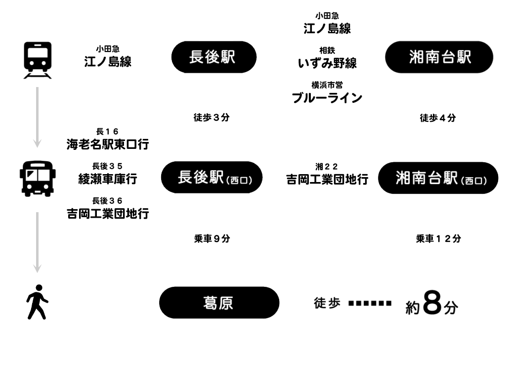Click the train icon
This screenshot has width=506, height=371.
pyautogui.click(x=38, y=59)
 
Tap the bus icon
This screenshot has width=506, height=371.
pyautogui.click(x=38, y=178)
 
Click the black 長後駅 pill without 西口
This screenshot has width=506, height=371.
pyautogui.click(x=213, y=57)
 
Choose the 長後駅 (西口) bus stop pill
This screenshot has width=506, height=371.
pyautogui.click(x=211, y=177)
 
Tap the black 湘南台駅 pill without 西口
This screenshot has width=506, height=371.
pyautogui.click(x=439, y=57)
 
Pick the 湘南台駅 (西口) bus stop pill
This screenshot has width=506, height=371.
pyautogui.click(x=438, y=178)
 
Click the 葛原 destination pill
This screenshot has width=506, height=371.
pyautogui.click(x=219, y=302)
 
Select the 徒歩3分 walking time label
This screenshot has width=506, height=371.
pyautogui.click(x=211, y=118)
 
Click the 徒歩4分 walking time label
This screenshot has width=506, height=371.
pyautogui.click(x=438, y=118)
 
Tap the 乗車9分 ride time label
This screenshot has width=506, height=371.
pyautogui.click(x=212, y=238)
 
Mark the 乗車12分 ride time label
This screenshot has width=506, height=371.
pyautogui.click(x=438, y=238)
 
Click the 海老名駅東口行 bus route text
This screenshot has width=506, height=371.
pyautogui.click(x=108, y=144)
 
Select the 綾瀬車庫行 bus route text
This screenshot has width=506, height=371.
pyautogui.click(x=108, y=179)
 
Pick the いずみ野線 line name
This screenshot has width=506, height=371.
pyautogui.click(x=327, y=63)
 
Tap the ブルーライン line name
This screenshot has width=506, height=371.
pyautogui.click(x=327, y=98)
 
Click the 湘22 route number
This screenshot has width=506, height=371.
pyautogui.click(x=327, y=166)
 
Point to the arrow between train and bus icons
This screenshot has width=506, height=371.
pyautogui.click(x=37, y=117)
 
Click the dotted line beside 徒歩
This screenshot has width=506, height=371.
pyautogui.click(x=370, y=303)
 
